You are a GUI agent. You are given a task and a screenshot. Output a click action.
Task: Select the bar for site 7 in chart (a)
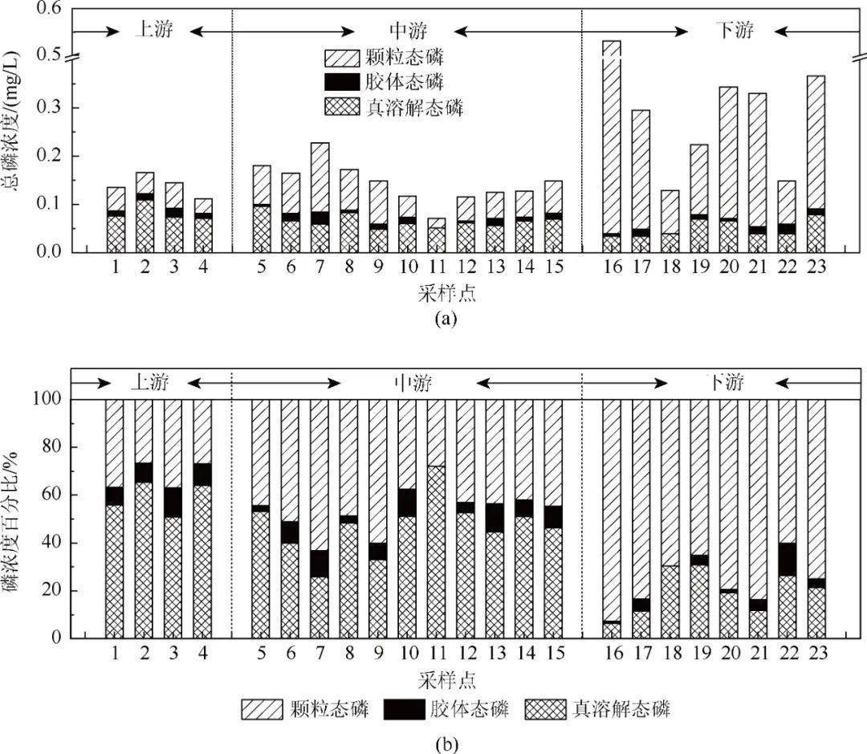[320, 198]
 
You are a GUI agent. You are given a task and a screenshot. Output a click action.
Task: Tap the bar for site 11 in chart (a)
[437, 235]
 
